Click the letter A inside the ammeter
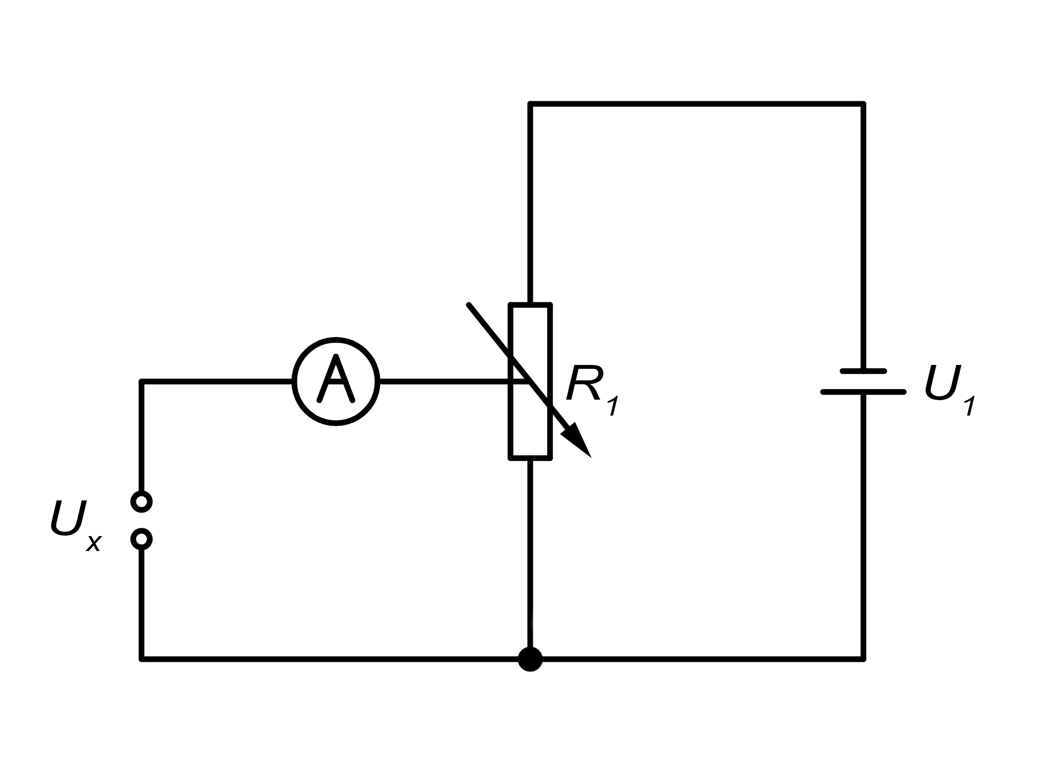[x=336, y=379]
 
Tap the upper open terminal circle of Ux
[x=142, y=502]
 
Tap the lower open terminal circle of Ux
[x=142, y=539]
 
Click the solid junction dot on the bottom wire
[x=530, y=659]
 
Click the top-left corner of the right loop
[x=530, y=104]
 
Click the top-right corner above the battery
[x=863, y=104]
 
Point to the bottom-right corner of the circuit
[x=863, y=659]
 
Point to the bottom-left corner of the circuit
[x=142, y=659]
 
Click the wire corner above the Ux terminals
[x=142, y=382]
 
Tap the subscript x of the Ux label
[x=94, y=543]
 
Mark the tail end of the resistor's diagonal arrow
[x=468, y=304]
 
